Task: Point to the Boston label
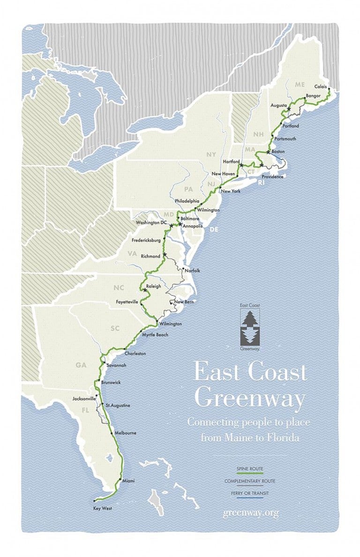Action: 278,151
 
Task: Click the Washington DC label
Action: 151,222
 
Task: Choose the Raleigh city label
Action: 153,286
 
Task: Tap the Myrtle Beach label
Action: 156,335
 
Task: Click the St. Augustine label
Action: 118,405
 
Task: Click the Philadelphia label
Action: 187,201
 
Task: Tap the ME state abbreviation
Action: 300,84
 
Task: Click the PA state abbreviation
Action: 189,189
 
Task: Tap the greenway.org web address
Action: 251,512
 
